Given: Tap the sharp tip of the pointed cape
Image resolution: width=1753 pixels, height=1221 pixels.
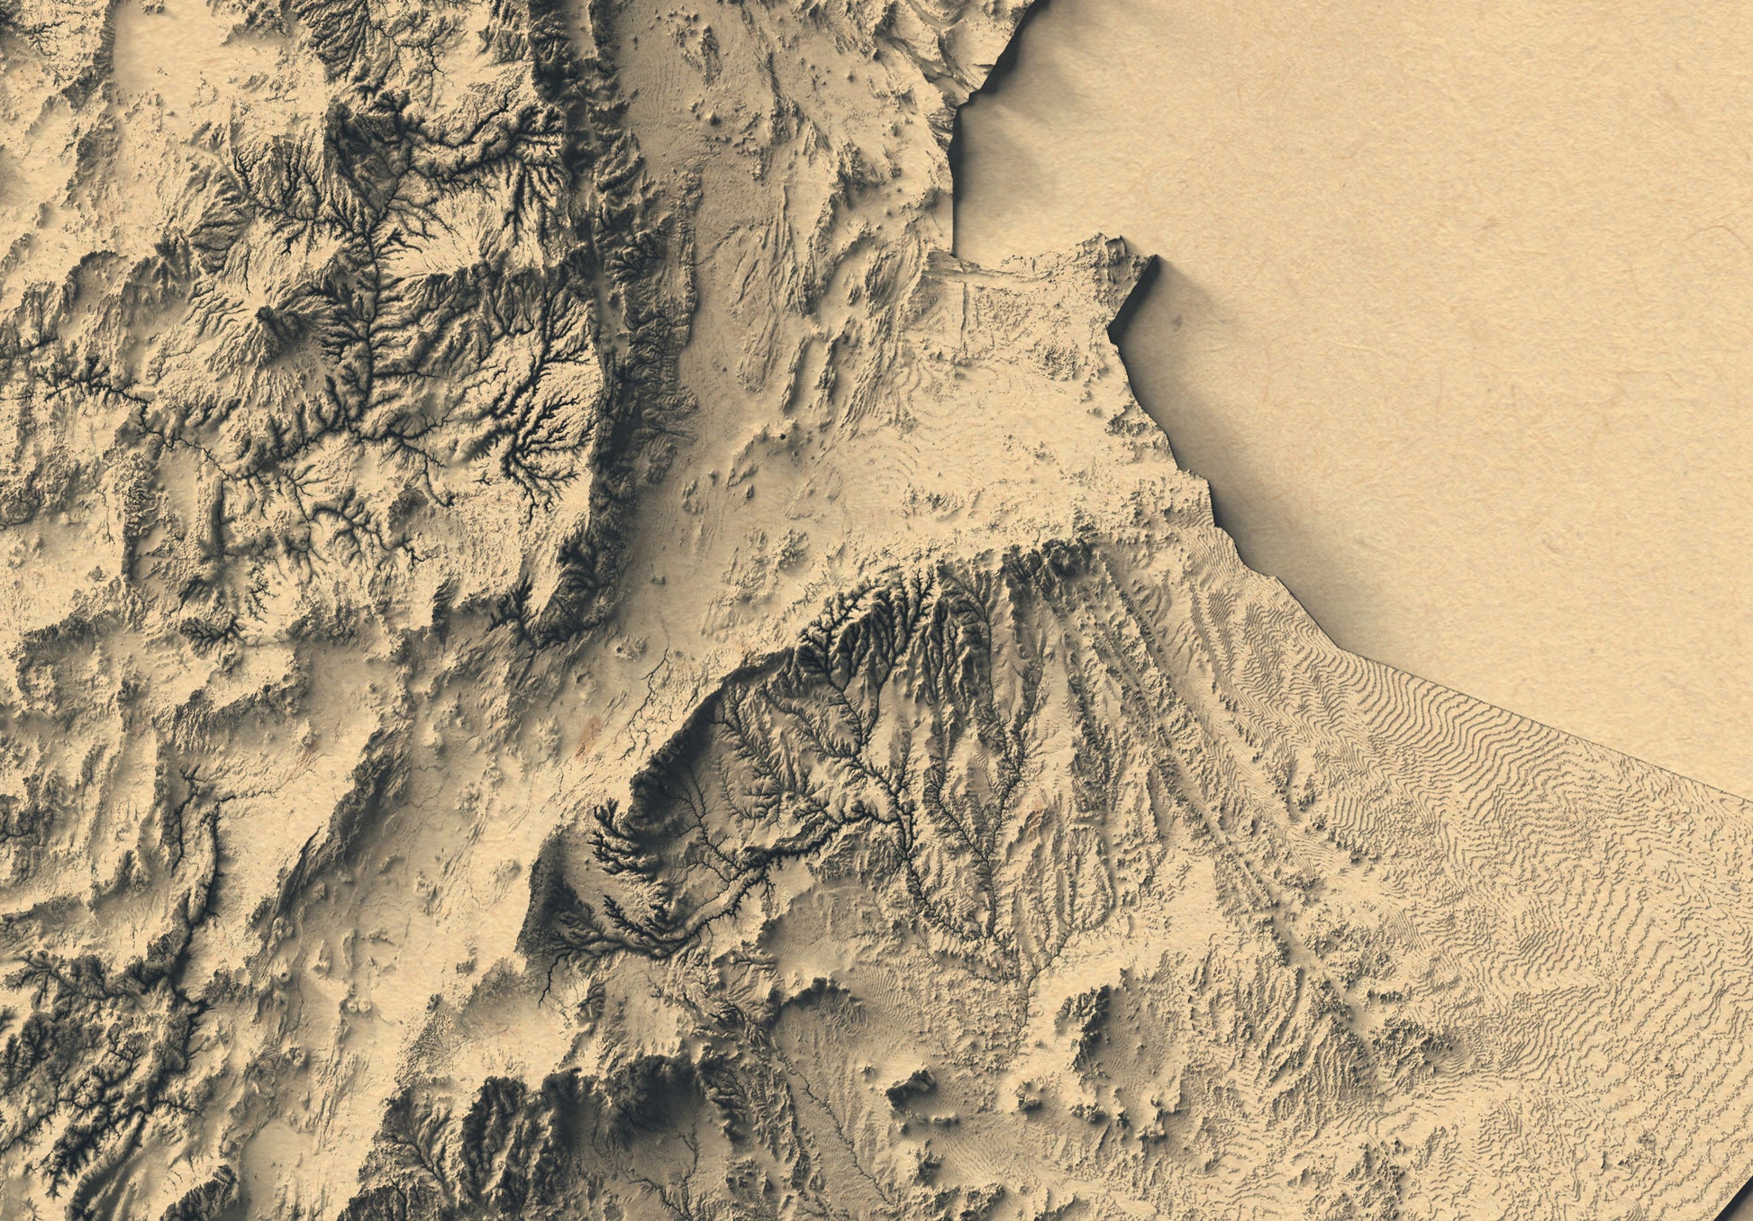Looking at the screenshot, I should (x=1152, y=259).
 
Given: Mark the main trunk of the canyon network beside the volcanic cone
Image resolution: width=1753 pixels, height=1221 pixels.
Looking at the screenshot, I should (x=369, y=297).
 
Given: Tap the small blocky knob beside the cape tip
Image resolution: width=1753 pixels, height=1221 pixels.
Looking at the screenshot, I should (x=1113, y=243).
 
